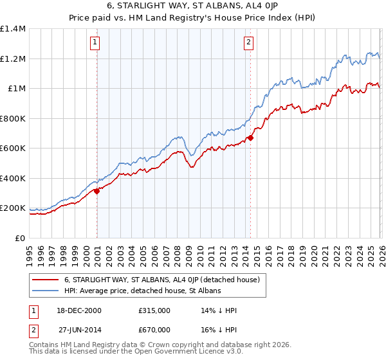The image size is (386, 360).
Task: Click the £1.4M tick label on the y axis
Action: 13,29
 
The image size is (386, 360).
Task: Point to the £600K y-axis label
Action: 13,148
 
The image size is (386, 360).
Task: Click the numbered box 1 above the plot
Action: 95,43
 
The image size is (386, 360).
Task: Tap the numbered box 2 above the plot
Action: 248,43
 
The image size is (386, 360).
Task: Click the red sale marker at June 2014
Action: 251,138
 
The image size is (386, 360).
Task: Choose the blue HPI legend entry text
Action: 142,291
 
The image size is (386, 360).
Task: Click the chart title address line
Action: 192,6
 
